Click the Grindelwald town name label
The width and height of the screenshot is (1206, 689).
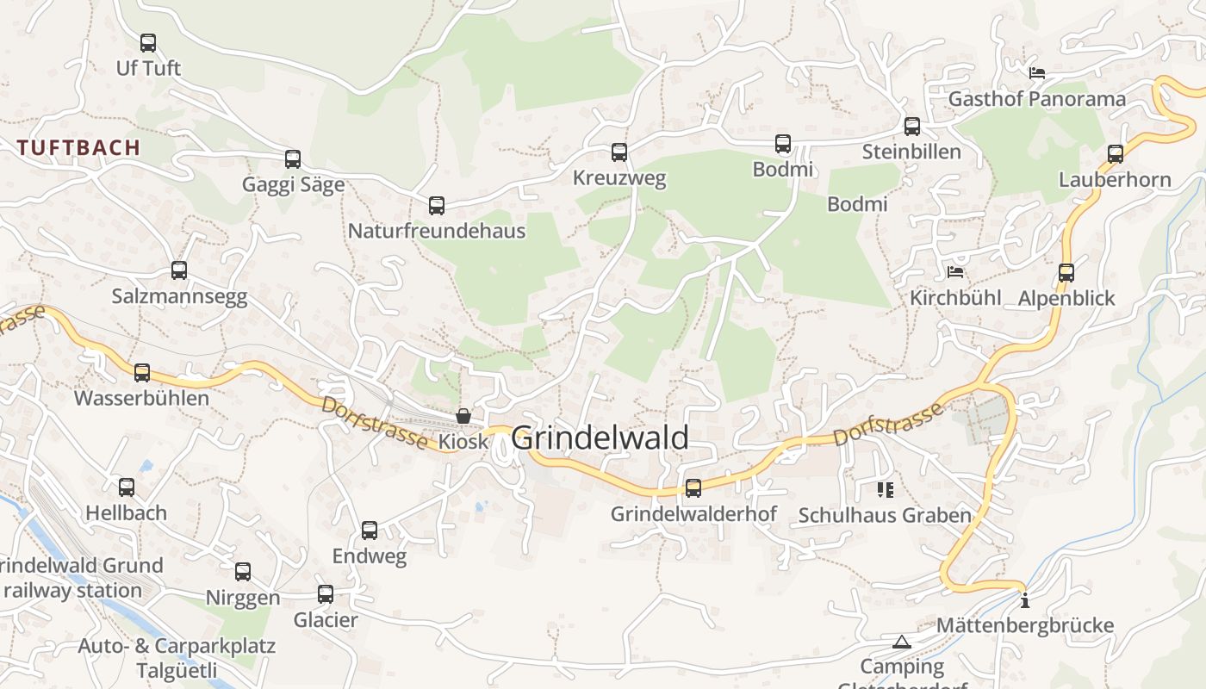[x=600, y=438]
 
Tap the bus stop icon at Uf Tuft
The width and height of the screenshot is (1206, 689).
[x=148, y=42]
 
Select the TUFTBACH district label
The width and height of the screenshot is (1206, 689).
[x=78, y=147]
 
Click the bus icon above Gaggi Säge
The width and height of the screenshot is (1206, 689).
[x=293, y=158]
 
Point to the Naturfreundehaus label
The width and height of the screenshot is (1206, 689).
[x=436, y=231]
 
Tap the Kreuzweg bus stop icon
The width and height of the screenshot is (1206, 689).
[x=619, y=152]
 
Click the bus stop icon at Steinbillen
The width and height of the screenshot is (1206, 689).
[x=912, y=127]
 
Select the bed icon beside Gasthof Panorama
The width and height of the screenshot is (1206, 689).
[x=1037, y=73]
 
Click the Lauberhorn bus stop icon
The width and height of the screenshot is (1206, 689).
[x=1116, y=154]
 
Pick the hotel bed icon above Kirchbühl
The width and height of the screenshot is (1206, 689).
[x=955, y=272]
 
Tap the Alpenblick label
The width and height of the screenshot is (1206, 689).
[x=1066, y=298]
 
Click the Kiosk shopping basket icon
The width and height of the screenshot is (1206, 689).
[x=463, y=416]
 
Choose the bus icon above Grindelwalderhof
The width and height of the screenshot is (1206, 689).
[x=693, y=488]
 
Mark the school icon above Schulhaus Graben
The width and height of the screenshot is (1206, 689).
[x=885, y=490]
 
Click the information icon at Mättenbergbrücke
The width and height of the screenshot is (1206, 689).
[x=1024, y=600]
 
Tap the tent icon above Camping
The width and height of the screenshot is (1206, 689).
[x=902, y=642]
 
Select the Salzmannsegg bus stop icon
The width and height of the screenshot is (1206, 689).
[x=179, y=270]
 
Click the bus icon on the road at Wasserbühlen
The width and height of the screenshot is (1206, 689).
[x=142, y=372]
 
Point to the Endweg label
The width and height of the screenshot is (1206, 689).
[x=370, y=556]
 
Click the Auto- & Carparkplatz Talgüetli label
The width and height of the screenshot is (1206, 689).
[x=177, y=658]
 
